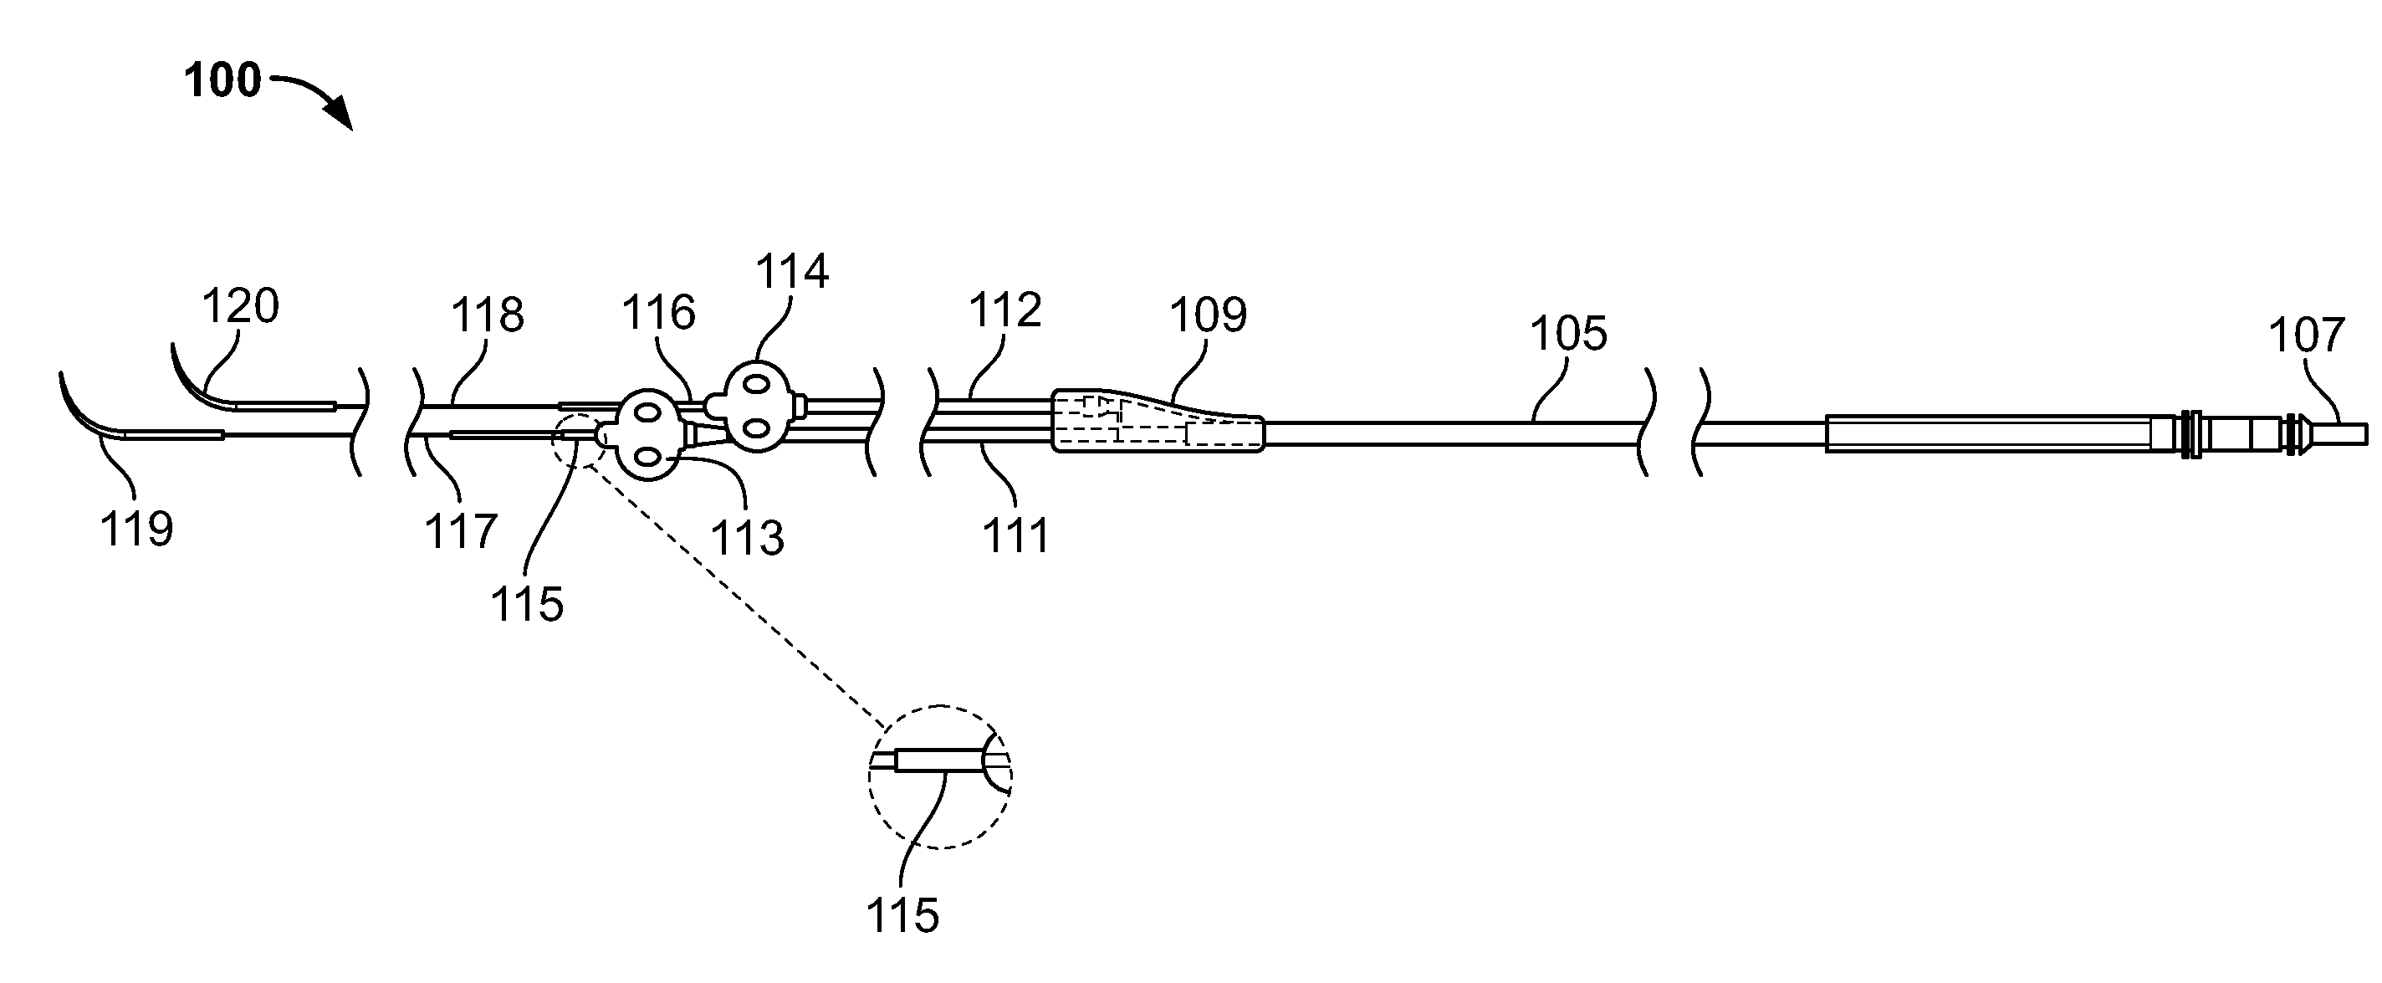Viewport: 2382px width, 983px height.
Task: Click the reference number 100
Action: [222, 81]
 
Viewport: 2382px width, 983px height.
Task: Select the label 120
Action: [240, 305]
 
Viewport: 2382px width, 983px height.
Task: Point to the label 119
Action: [137, 530]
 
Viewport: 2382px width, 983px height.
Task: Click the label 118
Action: [488, 315]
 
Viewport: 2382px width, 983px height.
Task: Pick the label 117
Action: [462, 532]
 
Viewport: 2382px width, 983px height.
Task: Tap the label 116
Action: [658, 314]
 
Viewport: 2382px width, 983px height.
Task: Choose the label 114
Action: [792, 272]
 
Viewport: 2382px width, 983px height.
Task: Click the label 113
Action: [747, 538]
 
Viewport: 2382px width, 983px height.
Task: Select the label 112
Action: [1005, 310]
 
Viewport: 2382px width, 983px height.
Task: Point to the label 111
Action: [1016, 536]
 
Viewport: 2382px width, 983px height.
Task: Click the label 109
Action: [1209, 315]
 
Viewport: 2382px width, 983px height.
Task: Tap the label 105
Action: [1568, 334]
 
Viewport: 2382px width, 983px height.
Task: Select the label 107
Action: [2307, 335]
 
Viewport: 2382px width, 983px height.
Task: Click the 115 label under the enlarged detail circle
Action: [902, 916]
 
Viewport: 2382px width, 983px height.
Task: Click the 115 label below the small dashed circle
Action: [527, 605]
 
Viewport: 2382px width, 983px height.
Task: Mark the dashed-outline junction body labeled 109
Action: [1157, 422]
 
